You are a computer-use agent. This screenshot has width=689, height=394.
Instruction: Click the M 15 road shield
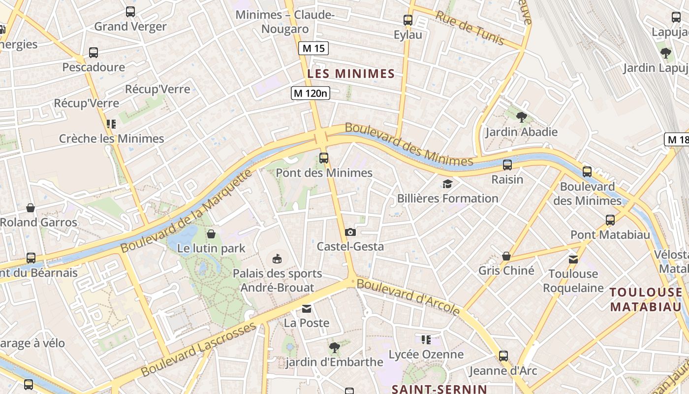[313, 48]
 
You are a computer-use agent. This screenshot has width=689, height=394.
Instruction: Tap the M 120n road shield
[310, 93]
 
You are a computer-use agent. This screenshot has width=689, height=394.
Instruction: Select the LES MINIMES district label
[351, 74]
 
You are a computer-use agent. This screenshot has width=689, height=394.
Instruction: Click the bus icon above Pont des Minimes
[324, 158]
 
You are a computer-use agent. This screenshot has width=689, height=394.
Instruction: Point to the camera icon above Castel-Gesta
[350, 232]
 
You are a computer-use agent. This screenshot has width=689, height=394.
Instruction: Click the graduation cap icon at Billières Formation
[447, 184]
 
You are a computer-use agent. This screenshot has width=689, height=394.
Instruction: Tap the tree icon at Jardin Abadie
[522, 117]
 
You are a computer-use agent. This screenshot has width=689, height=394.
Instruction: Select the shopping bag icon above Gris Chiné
[506, 256]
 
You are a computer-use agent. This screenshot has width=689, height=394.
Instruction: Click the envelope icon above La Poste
[307, 309]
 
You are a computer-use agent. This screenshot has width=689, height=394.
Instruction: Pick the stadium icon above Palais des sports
[277, 259]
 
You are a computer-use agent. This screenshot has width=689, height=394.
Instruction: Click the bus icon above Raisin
[507, 165]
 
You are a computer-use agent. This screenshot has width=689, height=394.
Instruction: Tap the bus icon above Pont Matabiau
[610, 220]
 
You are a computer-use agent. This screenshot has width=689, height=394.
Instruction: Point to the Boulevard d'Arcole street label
[408, 297]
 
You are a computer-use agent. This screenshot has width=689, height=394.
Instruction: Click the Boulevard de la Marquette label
[187, 211]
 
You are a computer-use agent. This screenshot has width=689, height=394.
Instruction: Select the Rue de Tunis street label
[470, 28]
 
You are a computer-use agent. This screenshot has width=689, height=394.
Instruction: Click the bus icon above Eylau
[408, 20]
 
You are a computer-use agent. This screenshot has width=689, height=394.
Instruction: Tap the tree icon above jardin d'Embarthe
[334, 348]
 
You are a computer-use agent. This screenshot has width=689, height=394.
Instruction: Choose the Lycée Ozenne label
[426, 355]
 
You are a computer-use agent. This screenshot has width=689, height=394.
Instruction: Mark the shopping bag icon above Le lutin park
[211, 233]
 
